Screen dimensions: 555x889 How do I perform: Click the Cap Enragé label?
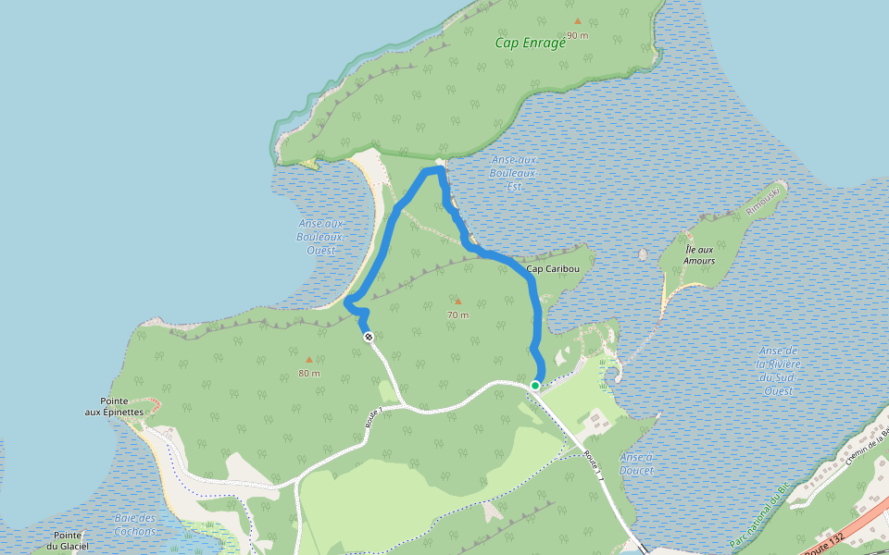pyautogui.click(x=530, y=43)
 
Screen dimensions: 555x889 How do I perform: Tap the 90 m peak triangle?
pyautogui.click(x=578, y=20)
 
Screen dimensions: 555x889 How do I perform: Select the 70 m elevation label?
pyautogui.click(x=457, y=314)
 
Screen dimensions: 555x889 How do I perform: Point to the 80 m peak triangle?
pyautogui.click(x=309, y=359)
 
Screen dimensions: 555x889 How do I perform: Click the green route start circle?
pyautogui.click(x=535, y=385)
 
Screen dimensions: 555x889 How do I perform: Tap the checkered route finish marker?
pyautogui.click(x=369, y=337)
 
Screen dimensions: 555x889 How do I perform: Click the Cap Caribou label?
pyautogui.click(x=553, y=270)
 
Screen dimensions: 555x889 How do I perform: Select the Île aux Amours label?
pyautogui.click(x=699, y=255)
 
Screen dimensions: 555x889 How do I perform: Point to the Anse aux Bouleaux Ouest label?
pyautogui.click(x=321, y=237)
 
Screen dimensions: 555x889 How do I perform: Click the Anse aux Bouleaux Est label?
pyautogui.click(x=514, y=173)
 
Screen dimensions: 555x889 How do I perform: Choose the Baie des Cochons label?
pyautogui.click(x=135, y=524)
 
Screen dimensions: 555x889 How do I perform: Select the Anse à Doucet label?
pyautogui.click(x=637, y=463)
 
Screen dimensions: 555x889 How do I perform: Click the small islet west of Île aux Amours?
pyautogui.click(x=643, y=254)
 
